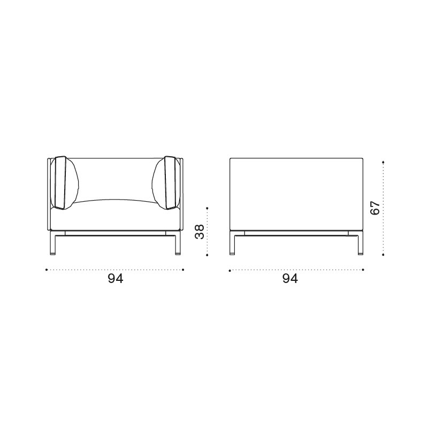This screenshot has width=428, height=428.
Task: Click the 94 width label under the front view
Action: [116, 279]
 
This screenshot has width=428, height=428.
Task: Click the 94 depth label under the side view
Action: [290, 279]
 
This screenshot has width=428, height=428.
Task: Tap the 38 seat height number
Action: [200, 232]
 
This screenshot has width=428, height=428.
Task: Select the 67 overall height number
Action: [375, 208]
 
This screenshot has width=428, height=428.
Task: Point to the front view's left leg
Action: [53, 243]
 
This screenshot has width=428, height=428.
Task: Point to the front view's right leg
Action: [178, 243]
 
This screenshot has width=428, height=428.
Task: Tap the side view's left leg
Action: [232, 243]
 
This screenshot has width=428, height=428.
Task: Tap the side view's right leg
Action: [360, 243]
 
